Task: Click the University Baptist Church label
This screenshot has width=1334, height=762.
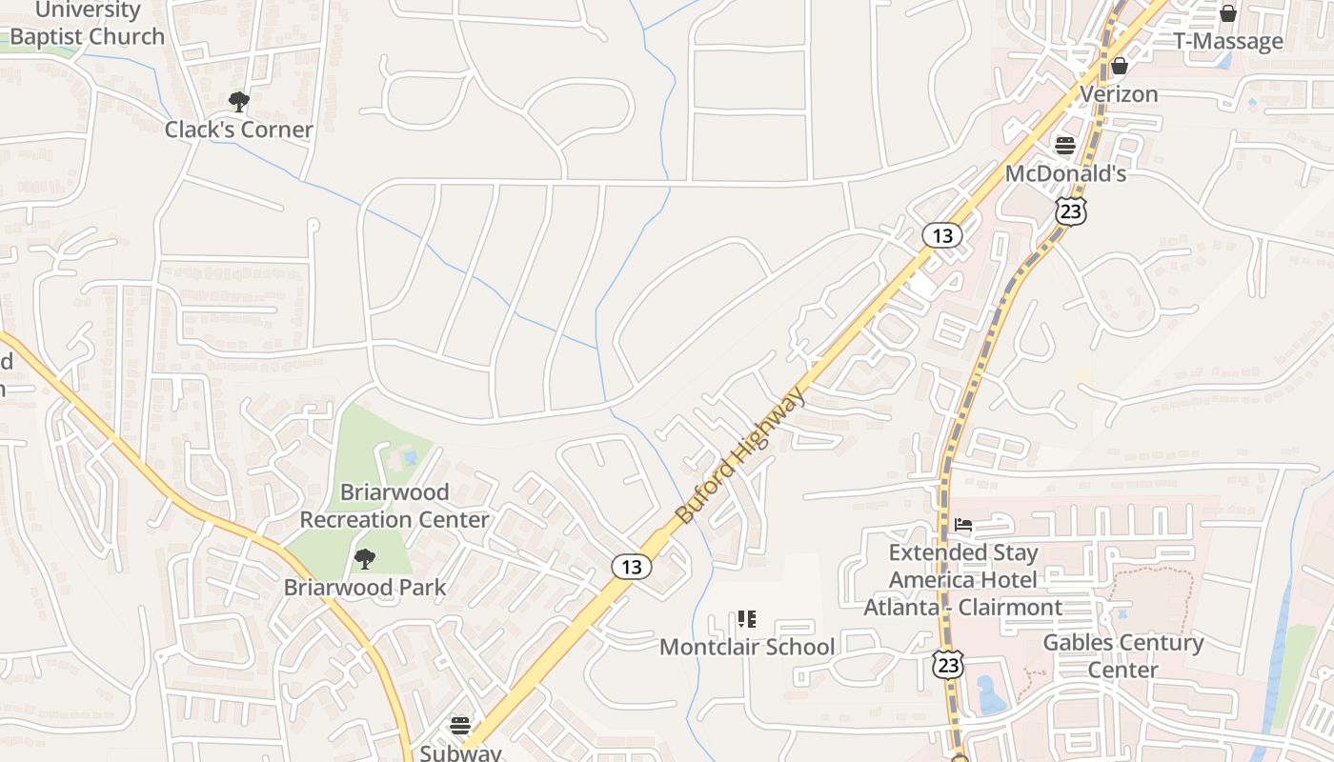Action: tap(88, 25)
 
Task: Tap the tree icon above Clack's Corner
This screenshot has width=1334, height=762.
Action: tap(238, 101)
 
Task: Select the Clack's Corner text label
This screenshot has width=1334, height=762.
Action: tap(238, 130)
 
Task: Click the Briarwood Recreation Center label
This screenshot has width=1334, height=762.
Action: tap(394, 506)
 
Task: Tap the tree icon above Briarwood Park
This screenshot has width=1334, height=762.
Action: tap(364, 559)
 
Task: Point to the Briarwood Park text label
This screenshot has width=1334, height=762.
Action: tap(364, 588)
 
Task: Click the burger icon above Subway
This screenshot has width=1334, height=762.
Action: tap(460, 726)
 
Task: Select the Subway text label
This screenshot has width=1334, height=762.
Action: tap(460, 752)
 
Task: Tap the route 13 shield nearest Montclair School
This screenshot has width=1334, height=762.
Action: tap(631, 567)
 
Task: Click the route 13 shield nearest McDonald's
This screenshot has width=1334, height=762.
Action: tap(941, 235)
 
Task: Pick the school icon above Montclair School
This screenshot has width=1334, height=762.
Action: tap(746, 620)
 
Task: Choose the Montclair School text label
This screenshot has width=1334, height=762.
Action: tap(746, 648)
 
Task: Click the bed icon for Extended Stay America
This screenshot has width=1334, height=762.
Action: tap(963, 525)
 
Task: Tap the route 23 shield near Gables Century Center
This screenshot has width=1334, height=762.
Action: tap(949, 665)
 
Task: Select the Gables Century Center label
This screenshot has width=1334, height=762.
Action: tap(1123, 656)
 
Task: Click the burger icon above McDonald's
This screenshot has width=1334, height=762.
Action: tap(1065, 146)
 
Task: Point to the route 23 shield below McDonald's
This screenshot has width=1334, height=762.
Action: tap(1071, 211)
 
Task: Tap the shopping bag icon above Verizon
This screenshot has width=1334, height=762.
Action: tap(1120, 66)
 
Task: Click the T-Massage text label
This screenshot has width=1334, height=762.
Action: tap(1227, 41)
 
